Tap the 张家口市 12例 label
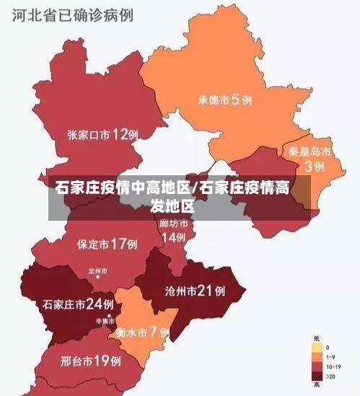103,134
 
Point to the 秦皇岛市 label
309,152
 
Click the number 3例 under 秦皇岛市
314,166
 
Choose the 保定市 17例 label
107,244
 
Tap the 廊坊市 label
173,224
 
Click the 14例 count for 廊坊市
173,237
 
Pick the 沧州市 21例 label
196,291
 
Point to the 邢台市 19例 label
90,359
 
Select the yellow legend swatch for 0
317,347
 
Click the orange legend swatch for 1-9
317,356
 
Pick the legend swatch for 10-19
317,366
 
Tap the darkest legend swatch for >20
317,375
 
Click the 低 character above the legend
317,338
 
